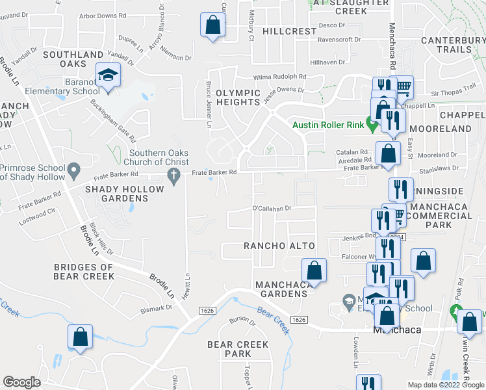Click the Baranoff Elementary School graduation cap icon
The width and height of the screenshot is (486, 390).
coord(108,76)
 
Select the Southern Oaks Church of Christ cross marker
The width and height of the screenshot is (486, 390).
coord(173,175)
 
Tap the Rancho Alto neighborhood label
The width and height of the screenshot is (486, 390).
coord(279,246)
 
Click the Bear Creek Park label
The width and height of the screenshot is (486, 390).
coord(229,348)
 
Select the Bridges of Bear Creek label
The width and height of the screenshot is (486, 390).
coord(84,272)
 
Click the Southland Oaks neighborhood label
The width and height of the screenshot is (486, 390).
coord(73,59)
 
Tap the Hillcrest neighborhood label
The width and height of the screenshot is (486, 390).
coord(288,31)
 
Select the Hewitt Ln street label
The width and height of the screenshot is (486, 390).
coord(187,285)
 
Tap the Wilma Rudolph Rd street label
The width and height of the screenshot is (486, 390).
coord(280,76)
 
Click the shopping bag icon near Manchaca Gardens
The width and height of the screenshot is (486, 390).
coord(313,271)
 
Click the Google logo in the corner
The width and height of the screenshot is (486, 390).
coord(21,383)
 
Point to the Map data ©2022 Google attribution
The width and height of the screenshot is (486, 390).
coord(445,385)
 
